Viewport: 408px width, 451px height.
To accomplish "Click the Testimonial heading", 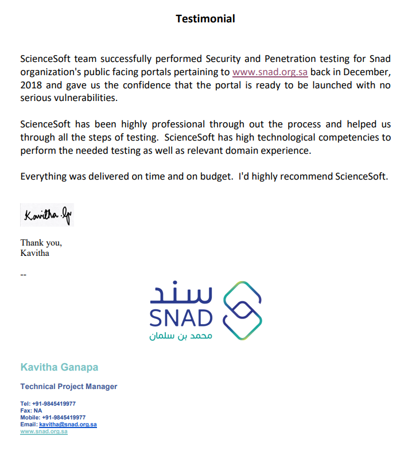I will point(205,19).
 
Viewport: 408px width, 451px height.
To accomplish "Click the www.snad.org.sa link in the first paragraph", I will point(270,72).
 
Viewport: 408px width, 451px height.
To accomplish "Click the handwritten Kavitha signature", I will point(47,215).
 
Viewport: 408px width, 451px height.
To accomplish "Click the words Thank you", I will point(41,243).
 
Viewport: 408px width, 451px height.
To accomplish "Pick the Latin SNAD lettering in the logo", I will point(181,318).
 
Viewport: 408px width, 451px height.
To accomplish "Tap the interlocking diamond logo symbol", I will point(242,310).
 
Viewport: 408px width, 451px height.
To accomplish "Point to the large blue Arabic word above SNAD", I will point(181,294).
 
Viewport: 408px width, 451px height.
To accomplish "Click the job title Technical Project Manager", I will point(68,386).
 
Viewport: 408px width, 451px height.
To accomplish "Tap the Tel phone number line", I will point(48,403).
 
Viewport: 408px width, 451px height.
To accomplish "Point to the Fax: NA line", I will point(31,411).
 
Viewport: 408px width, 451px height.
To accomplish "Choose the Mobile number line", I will point(53,418).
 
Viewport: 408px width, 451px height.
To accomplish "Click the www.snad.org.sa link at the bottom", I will point(44,431).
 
